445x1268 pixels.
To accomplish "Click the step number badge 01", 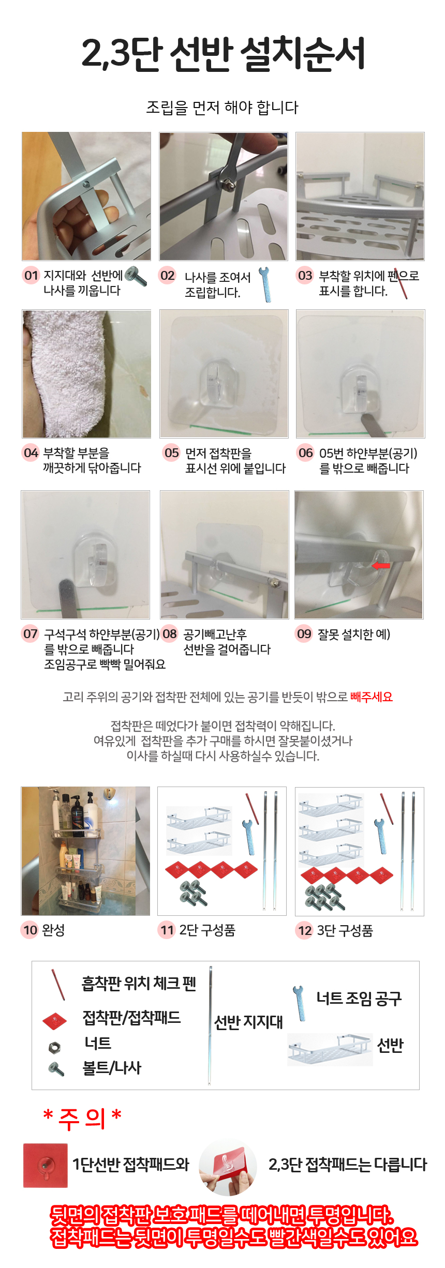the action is point(31,275).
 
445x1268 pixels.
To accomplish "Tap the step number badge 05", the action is point(171,453).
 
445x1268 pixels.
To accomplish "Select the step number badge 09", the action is point(304,633).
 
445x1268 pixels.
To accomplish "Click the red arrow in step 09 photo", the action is point(381,566).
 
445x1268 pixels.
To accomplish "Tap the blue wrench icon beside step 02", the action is point(264,284).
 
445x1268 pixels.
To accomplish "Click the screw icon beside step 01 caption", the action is point(136,276).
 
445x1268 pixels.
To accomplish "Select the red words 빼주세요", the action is point(372,697).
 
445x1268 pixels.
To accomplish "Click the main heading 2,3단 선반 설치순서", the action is point(224,53).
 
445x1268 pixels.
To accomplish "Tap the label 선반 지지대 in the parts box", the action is point(248,1022).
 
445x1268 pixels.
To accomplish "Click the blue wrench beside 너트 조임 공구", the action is point(299,1003).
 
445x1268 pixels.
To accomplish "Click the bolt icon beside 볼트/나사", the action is point(56,1068).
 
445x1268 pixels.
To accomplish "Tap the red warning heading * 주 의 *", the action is point(82,1119).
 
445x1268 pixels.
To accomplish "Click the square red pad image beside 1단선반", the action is point(46,1165).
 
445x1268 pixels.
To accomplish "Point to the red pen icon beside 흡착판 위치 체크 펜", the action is point(58,985).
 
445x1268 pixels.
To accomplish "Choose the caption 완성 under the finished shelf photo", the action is point(53,930).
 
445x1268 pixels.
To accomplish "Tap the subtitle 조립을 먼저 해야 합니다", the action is point(222,108).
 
